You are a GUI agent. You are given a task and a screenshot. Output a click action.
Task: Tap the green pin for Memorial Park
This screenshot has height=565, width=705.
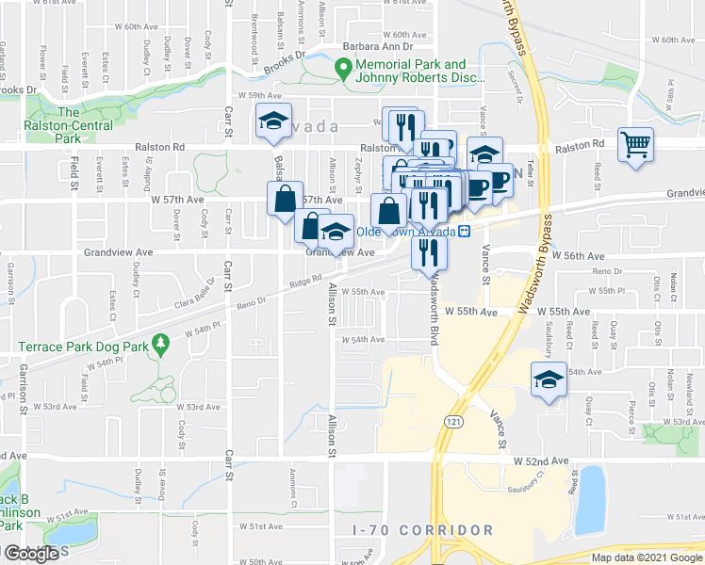coord(345,69)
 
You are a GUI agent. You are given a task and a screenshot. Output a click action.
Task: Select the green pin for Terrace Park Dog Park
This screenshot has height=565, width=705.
coord(161,347)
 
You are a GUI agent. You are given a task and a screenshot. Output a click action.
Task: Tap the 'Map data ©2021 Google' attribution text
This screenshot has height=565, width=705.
coord(647,557)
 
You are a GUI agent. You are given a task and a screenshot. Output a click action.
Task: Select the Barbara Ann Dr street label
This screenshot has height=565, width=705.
coord(378,45)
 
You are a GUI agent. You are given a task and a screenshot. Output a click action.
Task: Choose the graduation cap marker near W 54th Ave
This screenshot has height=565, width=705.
coord(547,380)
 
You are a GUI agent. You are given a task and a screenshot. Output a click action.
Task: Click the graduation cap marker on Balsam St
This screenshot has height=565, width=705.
coord(272,121)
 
